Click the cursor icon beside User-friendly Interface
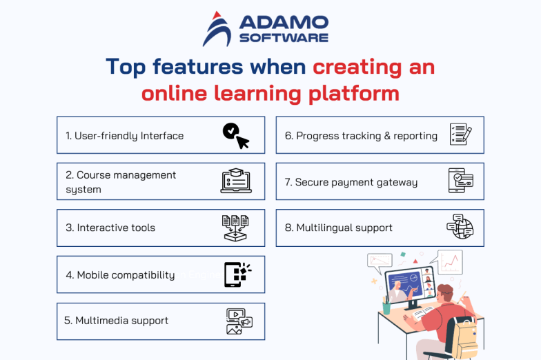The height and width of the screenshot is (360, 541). point(235,135)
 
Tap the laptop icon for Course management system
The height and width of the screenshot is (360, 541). point(235,181)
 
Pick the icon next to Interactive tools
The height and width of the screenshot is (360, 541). point(235,228)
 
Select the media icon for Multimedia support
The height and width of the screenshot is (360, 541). point(239,321)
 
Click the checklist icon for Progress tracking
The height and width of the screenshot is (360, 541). point(460,134)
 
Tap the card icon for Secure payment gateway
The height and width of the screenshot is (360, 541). point(460,181)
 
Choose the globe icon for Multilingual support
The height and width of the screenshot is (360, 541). point(460,227)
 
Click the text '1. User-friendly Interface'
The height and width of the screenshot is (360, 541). point(124,136)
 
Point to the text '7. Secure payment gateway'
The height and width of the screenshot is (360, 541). point(351,182)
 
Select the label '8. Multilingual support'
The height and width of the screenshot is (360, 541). point(338,228)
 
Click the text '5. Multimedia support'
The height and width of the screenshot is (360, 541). point(116,321)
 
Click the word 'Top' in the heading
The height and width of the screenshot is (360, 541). point(126,66)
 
